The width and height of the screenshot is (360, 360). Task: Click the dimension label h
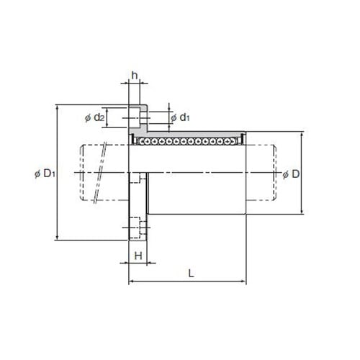click(135, 76)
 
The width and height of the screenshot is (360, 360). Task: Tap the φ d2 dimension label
click(94, 117)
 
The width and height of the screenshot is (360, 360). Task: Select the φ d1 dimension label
click(180, 117)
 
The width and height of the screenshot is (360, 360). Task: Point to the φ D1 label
click(45, 174)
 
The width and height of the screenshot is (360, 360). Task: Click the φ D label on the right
click(291, 174)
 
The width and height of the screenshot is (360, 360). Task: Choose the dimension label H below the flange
click(138, 256)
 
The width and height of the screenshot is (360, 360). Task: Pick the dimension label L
click(191, 273)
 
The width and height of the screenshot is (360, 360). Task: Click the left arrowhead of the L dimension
click(131, 281)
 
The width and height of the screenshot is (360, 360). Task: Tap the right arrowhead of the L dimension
click(244, 281)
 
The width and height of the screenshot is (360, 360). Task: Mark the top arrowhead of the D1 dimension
click(57, 107)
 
